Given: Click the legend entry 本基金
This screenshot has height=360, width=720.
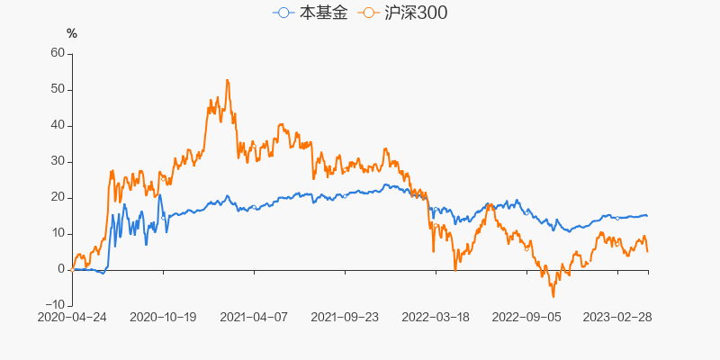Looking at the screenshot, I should (310, 13).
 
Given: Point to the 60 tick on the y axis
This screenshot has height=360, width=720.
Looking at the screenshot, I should (58, 53).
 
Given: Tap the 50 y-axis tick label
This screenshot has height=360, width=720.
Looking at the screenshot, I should (58, 89).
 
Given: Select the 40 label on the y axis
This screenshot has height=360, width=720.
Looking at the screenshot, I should (58, 125).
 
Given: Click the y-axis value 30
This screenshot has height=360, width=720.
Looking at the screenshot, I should (58, 161).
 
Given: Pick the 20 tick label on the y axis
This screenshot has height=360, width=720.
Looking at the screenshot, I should (58, 197).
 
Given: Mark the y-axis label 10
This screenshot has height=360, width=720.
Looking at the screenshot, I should (58, 233).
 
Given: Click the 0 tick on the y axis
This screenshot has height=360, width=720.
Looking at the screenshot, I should (61, 269).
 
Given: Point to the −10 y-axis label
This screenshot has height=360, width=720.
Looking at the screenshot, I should (54, 305).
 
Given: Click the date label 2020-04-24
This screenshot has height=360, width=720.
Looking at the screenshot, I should (72, 317).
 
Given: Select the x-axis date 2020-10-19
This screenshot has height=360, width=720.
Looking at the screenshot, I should (163, 317).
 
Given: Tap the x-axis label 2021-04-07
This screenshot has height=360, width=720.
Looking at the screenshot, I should (254, 317).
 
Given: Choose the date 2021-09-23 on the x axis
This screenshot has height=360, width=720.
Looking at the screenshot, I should (345, 317).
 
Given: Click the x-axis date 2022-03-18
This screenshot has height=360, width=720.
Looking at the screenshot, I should (436, 317).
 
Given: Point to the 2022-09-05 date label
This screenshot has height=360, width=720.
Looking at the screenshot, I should (526, 317).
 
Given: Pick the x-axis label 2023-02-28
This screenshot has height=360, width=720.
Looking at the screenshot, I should (617, 317).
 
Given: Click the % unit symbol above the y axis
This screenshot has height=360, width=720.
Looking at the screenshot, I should (72, 34).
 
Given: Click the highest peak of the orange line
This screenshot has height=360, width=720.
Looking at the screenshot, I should (227, 80).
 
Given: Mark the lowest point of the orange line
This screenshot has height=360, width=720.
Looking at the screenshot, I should (553, 297).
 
